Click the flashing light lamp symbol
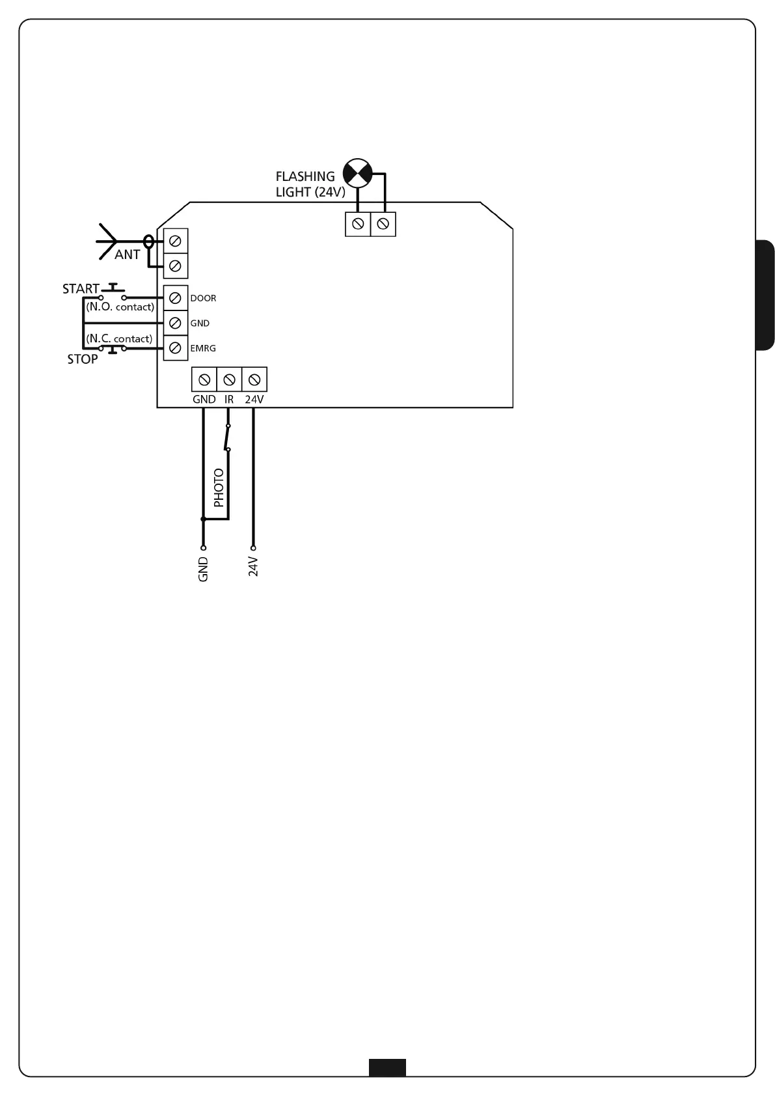pyautogui.click(x=357, y=172)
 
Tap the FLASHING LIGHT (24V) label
pyautogui.click(x=310, y=184)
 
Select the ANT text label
pyautogui.click(x=127, y=255)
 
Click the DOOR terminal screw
pyautogui.click(x=174, y=298)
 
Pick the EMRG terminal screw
pyautogui.click(x=174, y=348)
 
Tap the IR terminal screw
pyautogui.click(x=229, y=379)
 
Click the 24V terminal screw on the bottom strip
pyautogui.click(x=254, y=379)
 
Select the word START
pyautogui.click(x=81, y=288)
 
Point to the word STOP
pyautogui.click(x=83, y=359)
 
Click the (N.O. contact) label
pyautogui.click(x=120, y=307)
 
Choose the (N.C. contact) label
pyautogui.click(x=119, y=338)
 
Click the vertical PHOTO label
pyautogui.click(x=219, y=487)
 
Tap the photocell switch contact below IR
pyautogui.click(x=227, y=437)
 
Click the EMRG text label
pyautogui.click(x=203, y=349)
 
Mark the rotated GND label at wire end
pyautogui.click(x=203, y=569)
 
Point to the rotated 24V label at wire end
pyautogui.click(x=254, y=567)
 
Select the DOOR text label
pyautogui.click(x=203, y=299)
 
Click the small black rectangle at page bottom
pyautogui.click(x=387, y=1067)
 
